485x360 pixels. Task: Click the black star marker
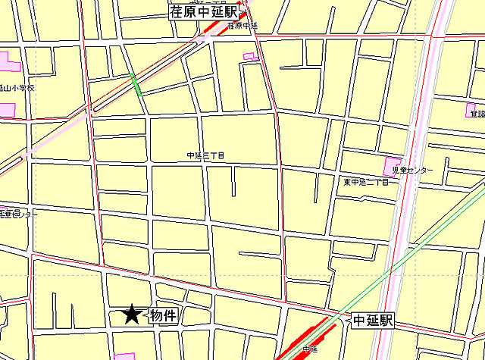tap(133, 314)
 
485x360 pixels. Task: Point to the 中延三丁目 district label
tap(206, 156)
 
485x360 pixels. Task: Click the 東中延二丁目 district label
tap(366, 183)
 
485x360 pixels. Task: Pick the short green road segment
tap(136, 83)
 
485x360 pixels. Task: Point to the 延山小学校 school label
tap(17, 88)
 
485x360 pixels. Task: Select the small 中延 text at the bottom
tap(309, 349)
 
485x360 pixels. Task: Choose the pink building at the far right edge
tap(471, 111)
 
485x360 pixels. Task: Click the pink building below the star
tap(124, 356)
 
